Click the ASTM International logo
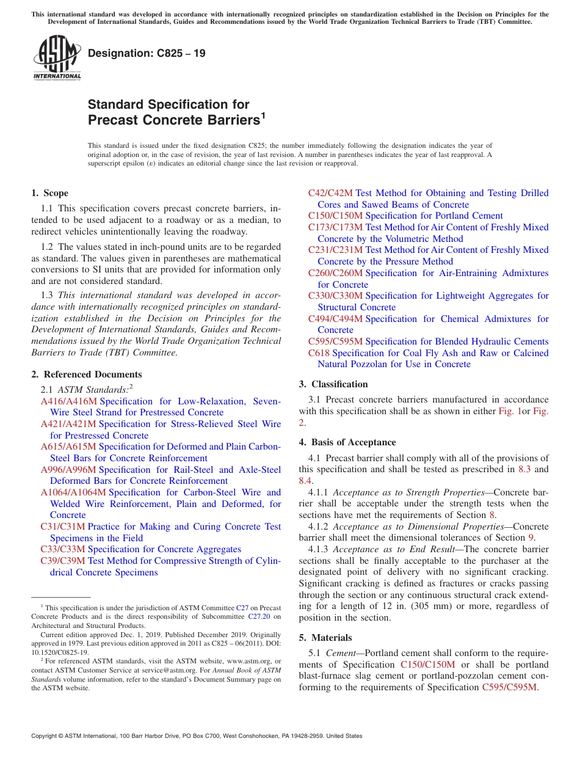[57, 58]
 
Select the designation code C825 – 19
[147, 53]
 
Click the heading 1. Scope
[49, 193]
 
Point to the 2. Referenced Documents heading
[86, 374]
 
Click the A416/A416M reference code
[68, 401]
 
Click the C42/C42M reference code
[330, 193]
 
